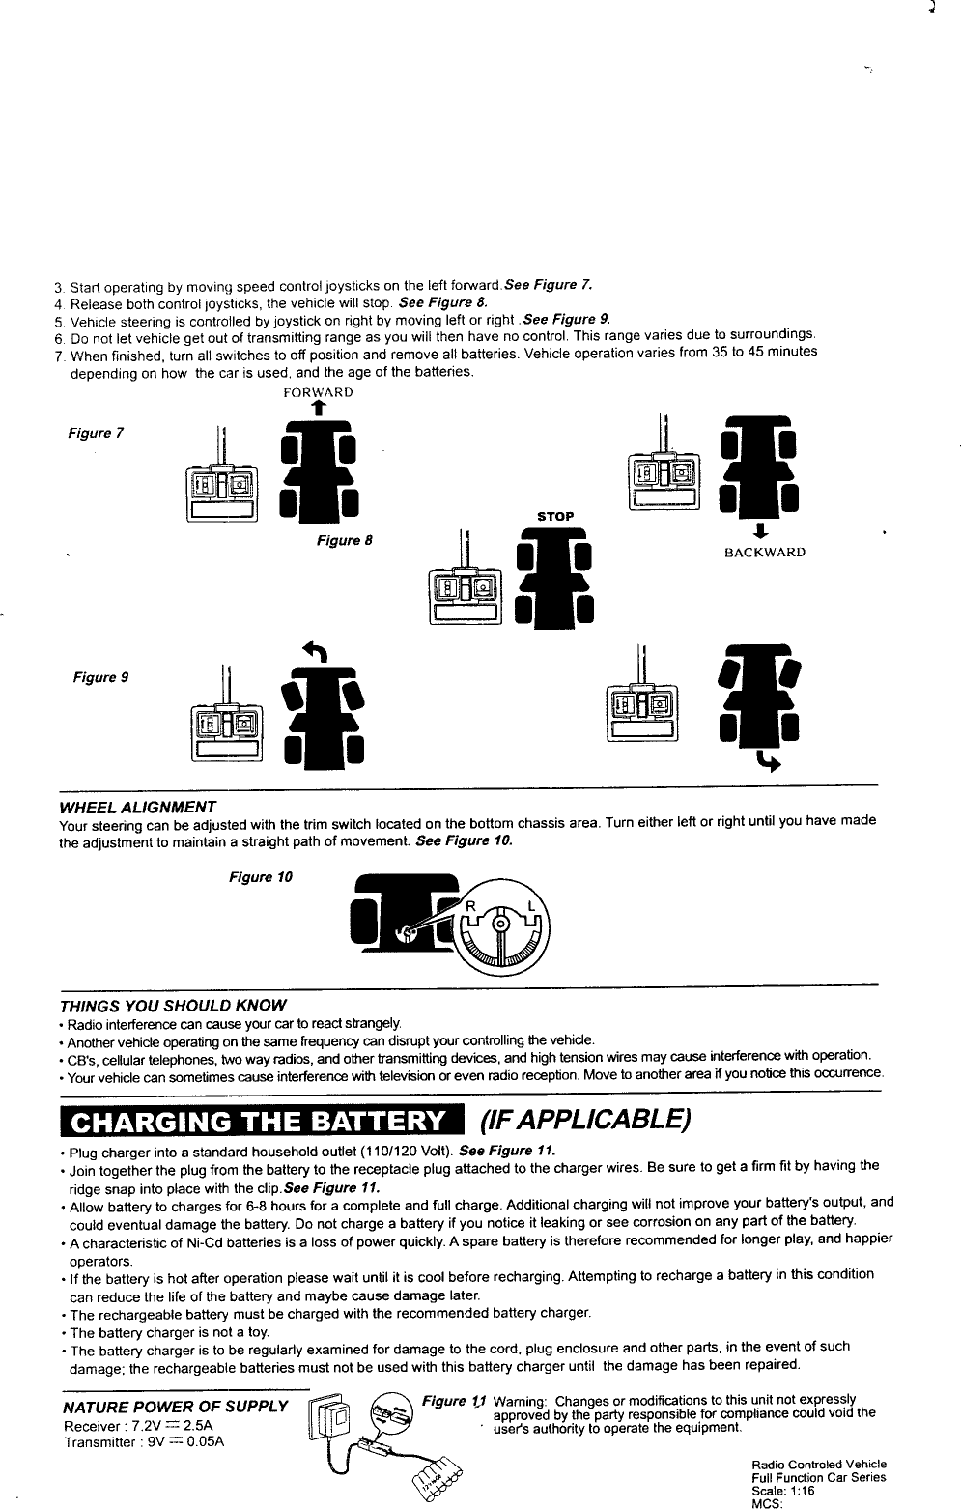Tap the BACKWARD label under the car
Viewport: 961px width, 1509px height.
coord(765,553)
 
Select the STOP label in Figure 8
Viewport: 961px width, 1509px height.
coord(555,516)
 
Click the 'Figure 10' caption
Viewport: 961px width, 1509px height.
coord(260,877)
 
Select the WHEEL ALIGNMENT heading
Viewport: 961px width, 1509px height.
coord(137,807)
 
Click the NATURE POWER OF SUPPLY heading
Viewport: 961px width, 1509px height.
coord(175,1405)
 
